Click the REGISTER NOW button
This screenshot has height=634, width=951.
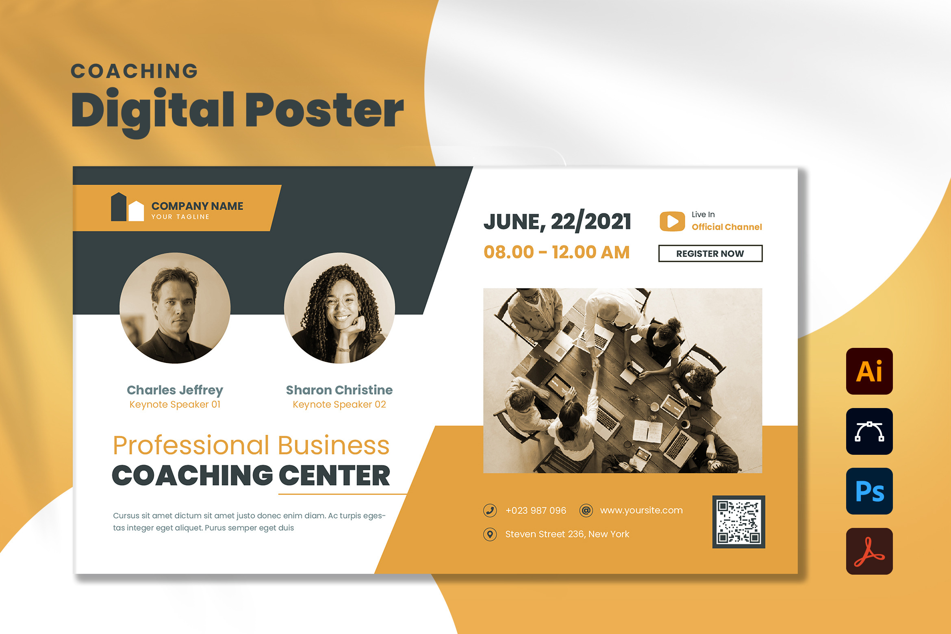(x=710, y=254)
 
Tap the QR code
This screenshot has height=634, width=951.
(x=738, y=522)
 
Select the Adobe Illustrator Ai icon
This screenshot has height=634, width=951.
(x=869, y=371)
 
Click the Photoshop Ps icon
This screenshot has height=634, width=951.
(x=869, y=491)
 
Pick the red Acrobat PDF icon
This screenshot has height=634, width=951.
(x=869, y=551)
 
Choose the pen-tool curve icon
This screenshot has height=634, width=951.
(x=869, y=431)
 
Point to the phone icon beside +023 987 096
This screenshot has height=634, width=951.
(x=490, y=510)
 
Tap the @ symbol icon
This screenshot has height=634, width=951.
(x=586, y=510)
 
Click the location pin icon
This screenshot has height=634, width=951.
(x=490, y=534)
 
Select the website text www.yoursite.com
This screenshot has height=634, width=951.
(x=641, y=510)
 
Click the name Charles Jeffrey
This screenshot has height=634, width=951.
(x=175, y=390)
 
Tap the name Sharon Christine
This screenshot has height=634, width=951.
(x=339, y=390)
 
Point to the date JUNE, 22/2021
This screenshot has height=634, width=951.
(x=557, y=221)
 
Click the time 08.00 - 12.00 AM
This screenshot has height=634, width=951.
(x=556, y=252)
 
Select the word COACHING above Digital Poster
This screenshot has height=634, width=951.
(x=135, y=71)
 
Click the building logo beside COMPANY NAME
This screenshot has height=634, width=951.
(x=127, y=207)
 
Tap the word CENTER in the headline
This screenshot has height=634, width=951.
(x=334, y=475)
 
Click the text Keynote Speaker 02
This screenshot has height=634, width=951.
(x=339, y=404)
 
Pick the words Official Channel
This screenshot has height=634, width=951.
(x=727, y=227)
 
